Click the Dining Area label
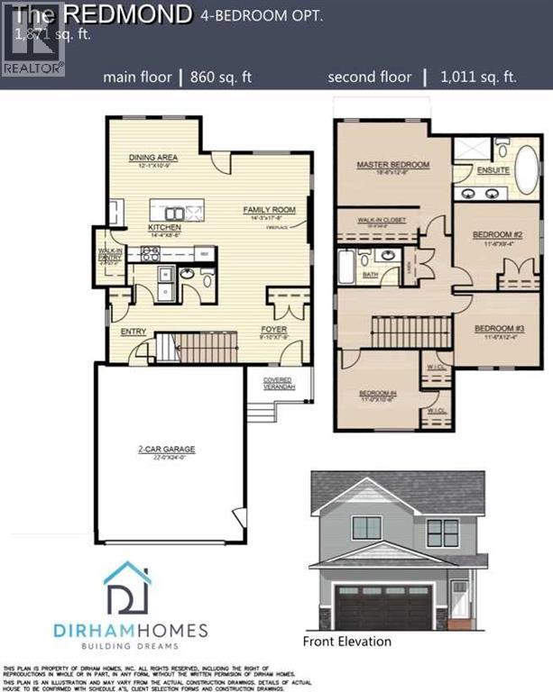point(152,156)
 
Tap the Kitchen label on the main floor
point(164,228)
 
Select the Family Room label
point(263,210)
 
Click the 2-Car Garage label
point(167,448)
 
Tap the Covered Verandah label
point(278,383)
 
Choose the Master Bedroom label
point(392,165)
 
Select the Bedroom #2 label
point(493,235)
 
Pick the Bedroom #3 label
point(493,327)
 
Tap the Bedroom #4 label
point(378,394)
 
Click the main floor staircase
point(196,347)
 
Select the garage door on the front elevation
point(382,605)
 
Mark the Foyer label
point(273,330)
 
